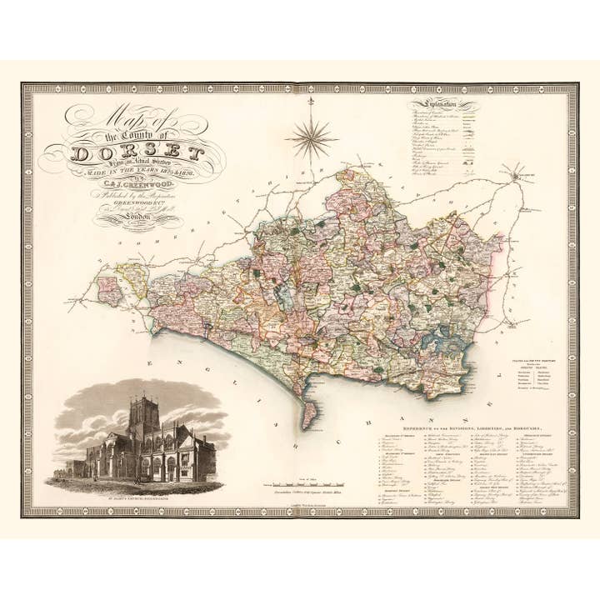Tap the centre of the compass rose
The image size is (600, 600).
point(310,136)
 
